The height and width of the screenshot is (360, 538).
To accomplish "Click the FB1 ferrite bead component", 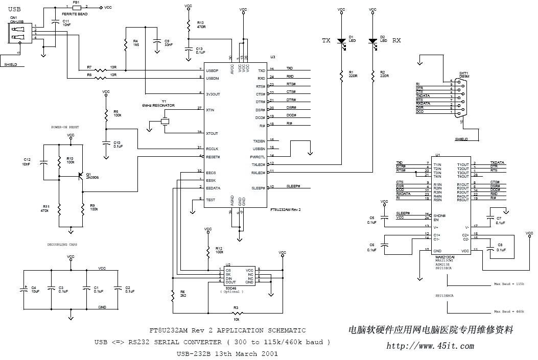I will (x=76, y=7).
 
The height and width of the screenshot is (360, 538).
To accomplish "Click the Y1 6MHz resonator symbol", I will (x=165, y=122).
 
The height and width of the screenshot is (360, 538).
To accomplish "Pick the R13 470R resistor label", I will (x=200, y=25).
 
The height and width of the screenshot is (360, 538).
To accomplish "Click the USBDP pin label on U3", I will (x=212, y=70).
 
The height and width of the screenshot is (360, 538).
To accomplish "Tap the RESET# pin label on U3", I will (x=213, y=157).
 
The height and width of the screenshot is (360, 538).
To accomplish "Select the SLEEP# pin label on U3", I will (x=259, y=188).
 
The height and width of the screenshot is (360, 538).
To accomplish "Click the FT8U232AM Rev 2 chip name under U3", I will (x=286, y=209).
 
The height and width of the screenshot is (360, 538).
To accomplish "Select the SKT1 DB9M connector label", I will (x=464, y=75).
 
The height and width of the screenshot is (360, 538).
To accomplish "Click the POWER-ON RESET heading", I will (x=65, y=127).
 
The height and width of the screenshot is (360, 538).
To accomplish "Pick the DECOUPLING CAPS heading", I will (x=63, y=245).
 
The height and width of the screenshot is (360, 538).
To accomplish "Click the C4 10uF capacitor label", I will (x=34, y=290).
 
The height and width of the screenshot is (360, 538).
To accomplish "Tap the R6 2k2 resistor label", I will (x=182, y=294).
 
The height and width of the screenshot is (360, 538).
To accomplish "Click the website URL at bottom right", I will (x=430, y=346).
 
